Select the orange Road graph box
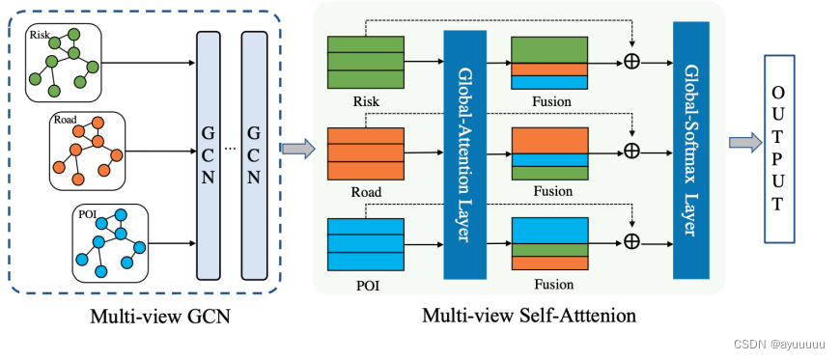point(87,151)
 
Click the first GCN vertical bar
point(210,154)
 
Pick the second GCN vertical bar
point(254,154)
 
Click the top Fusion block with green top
point(548,64)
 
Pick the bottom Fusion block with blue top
point(548,243)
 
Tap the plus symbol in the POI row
point(632,240)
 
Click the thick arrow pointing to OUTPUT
point(742,143)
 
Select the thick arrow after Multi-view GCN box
point(298,148)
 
